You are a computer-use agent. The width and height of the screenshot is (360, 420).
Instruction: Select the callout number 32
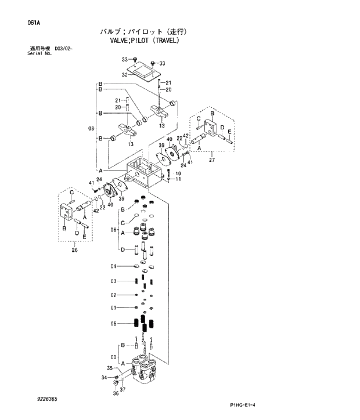(x=124, y=75)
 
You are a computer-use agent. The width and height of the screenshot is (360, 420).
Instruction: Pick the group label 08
(x=91, y=128)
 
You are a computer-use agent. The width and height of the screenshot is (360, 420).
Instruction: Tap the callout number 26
(x=74, y=251)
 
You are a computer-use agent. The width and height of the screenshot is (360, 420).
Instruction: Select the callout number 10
(x=178, y=173)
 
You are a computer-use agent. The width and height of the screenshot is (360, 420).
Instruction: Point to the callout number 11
(x=178, y=179)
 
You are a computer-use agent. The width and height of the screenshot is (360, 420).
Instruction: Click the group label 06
(x=115, y=229)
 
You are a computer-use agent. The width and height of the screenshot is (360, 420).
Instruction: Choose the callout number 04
(x=114, y=266)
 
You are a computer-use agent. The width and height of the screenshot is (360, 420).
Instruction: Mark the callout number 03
(x=114, y=281)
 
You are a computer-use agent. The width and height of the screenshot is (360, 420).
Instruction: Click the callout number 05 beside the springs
(x=114, y=324)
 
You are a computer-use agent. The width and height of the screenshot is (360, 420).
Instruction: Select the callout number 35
(x=110, y=368)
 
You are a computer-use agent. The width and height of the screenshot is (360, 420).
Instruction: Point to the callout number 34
(x=104, y=378)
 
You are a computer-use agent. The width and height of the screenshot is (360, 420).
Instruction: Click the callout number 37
(x=123, y=389)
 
